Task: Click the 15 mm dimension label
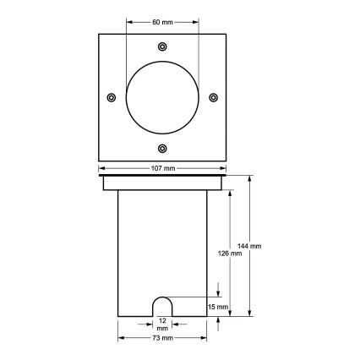coord(219,307)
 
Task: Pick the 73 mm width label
coord(163,337)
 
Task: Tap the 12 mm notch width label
coord(162,324)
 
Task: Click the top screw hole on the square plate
coord(163,46)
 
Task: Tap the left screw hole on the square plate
coord(112,97)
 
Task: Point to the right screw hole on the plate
coord(214,97)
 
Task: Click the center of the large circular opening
coord(163,97)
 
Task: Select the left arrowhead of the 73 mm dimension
coord(120,337)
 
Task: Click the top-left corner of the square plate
coord(99,33)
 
